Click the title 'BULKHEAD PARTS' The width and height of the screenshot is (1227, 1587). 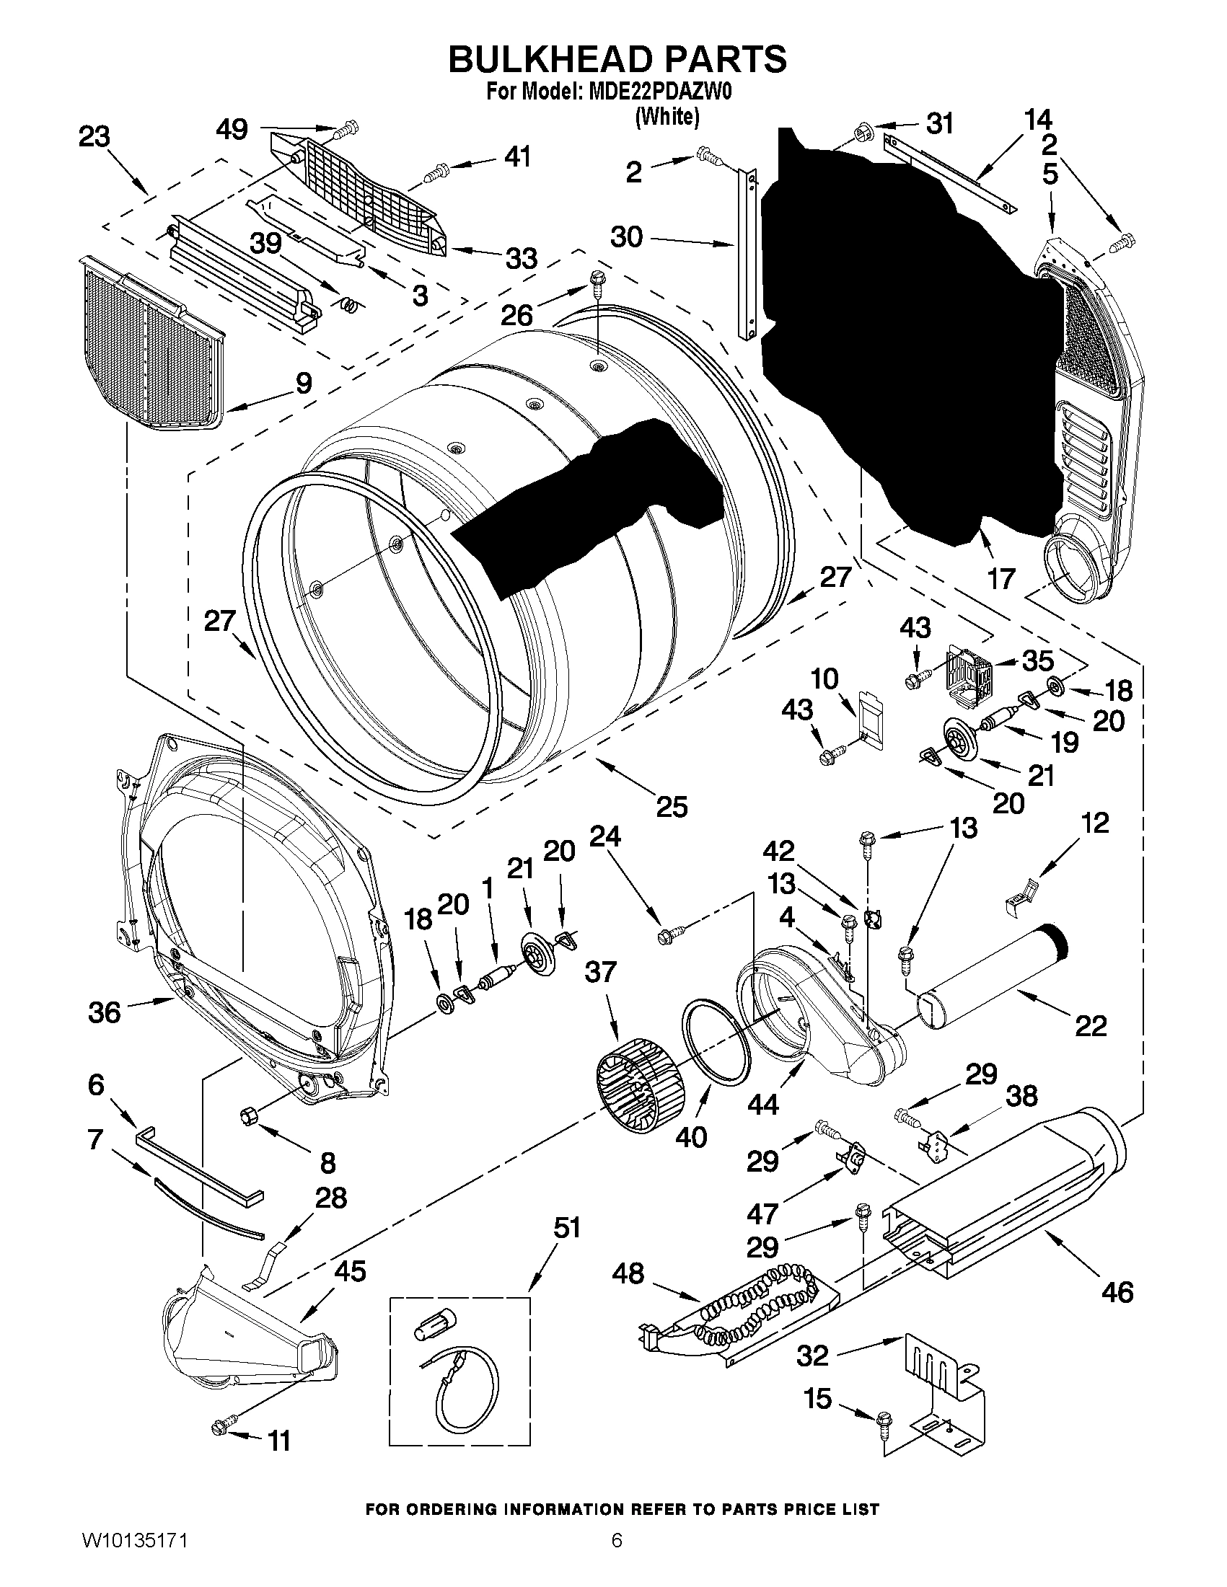click(x=617, y=60)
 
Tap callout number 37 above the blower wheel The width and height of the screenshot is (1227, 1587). click(x=600, y=972)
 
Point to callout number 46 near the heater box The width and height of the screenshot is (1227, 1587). click(x=1117, y=1292)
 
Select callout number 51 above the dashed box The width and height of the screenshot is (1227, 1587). click(x=567, y=1228)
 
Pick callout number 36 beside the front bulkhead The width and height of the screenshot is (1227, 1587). click(x=104, y=1012)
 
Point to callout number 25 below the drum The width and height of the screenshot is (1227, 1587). click(x=671, y=807)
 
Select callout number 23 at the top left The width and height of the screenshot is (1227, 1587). click(x=94, y=136)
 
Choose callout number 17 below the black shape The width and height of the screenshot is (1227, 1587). click(x=1000, y=579)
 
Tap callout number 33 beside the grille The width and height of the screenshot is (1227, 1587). click(x=521, y=259)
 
